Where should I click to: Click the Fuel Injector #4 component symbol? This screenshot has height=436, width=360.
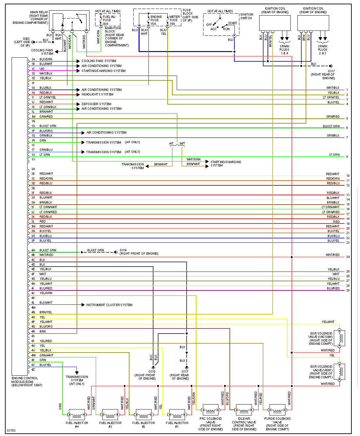[x=77, y=414]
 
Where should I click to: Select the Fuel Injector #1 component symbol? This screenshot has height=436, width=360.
[x=177, y=414]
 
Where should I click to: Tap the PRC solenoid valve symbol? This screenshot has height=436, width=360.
[x=210, y=410]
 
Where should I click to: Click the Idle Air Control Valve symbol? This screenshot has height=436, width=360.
[x=244, y=410]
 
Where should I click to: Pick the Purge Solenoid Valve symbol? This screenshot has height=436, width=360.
[x=277, y=410]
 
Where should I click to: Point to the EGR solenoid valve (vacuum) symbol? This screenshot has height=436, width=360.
[x=339, y=339]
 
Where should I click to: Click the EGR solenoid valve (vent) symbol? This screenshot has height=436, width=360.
[x=339, y=371]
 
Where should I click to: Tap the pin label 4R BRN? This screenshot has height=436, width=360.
[x=38, y=331]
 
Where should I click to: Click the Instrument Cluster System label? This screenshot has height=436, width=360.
[x=109, y=305]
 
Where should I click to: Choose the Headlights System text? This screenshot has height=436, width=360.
[x=97, y=94]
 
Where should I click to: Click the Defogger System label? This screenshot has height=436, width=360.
[x=96, y=104]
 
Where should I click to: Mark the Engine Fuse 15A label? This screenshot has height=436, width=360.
[x=156, y=20]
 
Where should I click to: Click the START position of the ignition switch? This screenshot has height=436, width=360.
[x=232, y=23]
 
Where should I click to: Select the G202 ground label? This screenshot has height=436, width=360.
[x=27, y=39]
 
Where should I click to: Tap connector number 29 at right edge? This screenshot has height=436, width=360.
[x=348, y=290]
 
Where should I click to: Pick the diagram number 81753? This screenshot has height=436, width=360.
[x=11, y=430]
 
